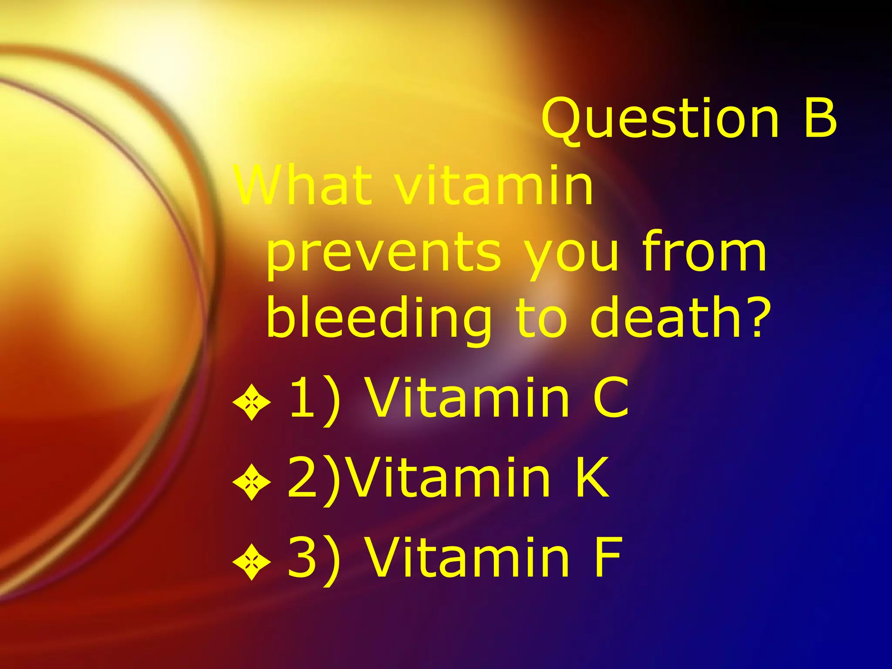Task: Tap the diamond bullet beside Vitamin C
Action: [x=251, y=402]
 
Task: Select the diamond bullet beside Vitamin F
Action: [x=251, y=561]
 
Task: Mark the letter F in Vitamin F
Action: [x=608, y=557]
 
